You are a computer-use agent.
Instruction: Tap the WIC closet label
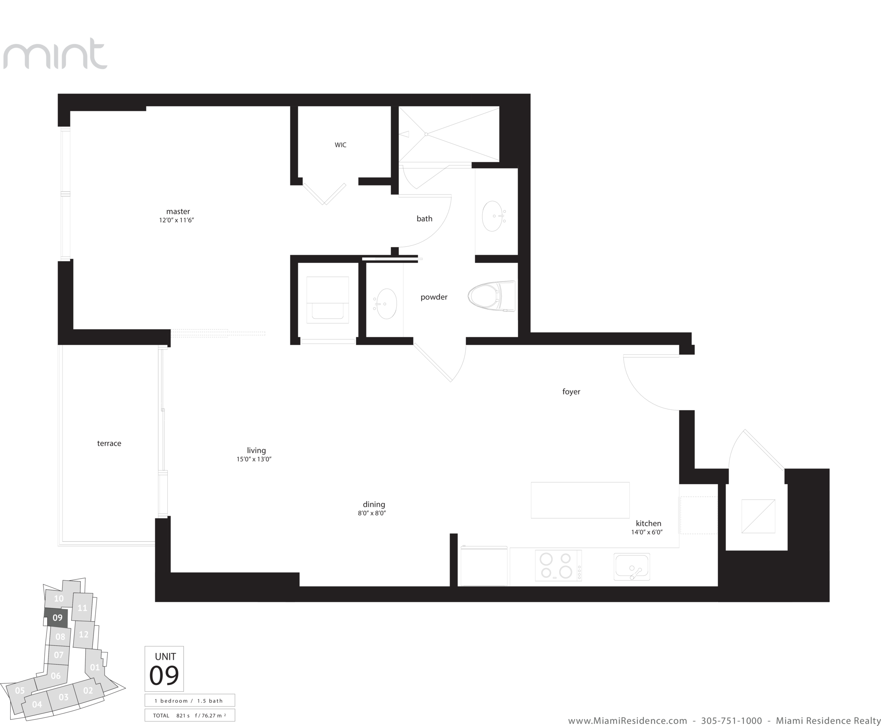[x=341, y=145]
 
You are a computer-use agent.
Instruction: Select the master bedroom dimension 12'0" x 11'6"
[x=176, y=220]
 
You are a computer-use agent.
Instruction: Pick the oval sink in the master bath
[x=493, y=216]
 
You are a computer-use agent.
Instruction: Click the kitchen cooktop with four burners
[x=558, y=565]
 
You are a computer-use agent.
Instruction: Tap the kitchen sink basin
[x=632, y=567]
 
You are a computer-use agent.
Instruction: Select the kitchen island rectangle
[x=580, y=500]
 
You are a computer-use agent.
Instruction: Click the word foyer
[x=571, y=392]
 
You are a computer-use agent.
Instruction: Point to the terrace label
[x=109, y=443]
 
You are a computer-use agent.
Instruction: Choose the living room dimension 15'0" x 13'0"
[x=254, y=459]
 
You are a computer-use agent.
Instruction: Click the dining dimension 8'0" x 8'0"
[x=372, y=513]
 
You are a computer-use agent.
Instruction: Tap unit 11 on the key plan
[x=82, y=608]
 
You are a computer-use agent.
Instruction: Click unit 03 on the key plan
[x=63, y=697]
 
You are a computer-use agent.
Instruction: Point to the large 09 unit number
[x=164, y=675]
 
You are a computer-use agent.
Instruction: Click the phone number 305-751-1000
[x=731, y=721]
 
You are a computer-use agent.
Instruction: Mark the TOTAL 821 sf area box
[x=190, y=715]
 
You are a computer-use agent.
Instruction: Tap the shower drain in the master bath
[x=426, y=134]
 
